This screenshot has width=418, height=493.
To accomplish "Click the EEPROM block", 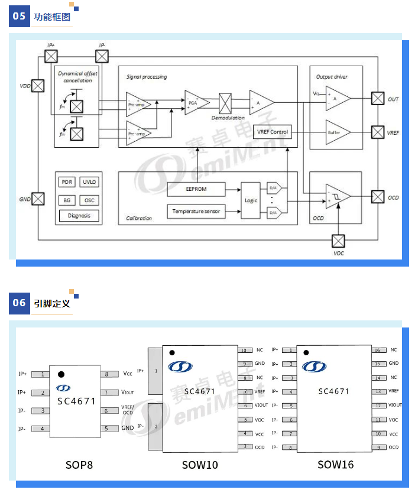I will point(196,189).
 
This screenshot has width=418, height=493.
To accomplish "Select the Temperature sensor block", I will point(196,210).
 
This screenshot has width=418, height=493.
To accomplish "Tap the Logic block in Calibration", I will point(251,200).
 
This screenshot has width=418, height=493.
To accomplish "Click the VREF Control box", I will point(273,132).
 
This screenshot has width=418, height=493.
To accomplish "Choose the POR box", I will point(67,182).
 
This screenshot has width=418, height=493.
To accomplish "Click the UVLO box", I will point(89,182).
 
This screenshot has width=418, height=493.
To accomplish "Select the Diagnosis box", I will point(79,216).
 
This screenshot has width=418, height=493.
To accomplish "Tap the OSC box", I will point(89,200).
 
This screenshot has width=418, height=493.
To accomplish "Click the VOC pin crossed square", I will point(338,241).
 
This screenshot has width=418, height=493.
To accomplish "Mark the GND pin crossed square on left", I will point(38,199).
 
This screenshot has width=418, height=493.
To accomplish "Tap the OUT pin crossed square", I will point(377,99).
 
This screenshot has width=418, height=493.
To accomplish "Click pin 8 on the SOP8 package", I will point(106,374).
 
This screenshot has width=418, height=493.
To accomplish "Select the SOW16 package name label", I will point(335,465).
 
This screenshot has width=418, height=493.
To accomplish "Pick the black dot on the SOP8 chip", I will point(61,374).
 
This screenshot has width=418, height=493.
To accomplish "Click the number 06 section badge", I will point(20,303).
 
